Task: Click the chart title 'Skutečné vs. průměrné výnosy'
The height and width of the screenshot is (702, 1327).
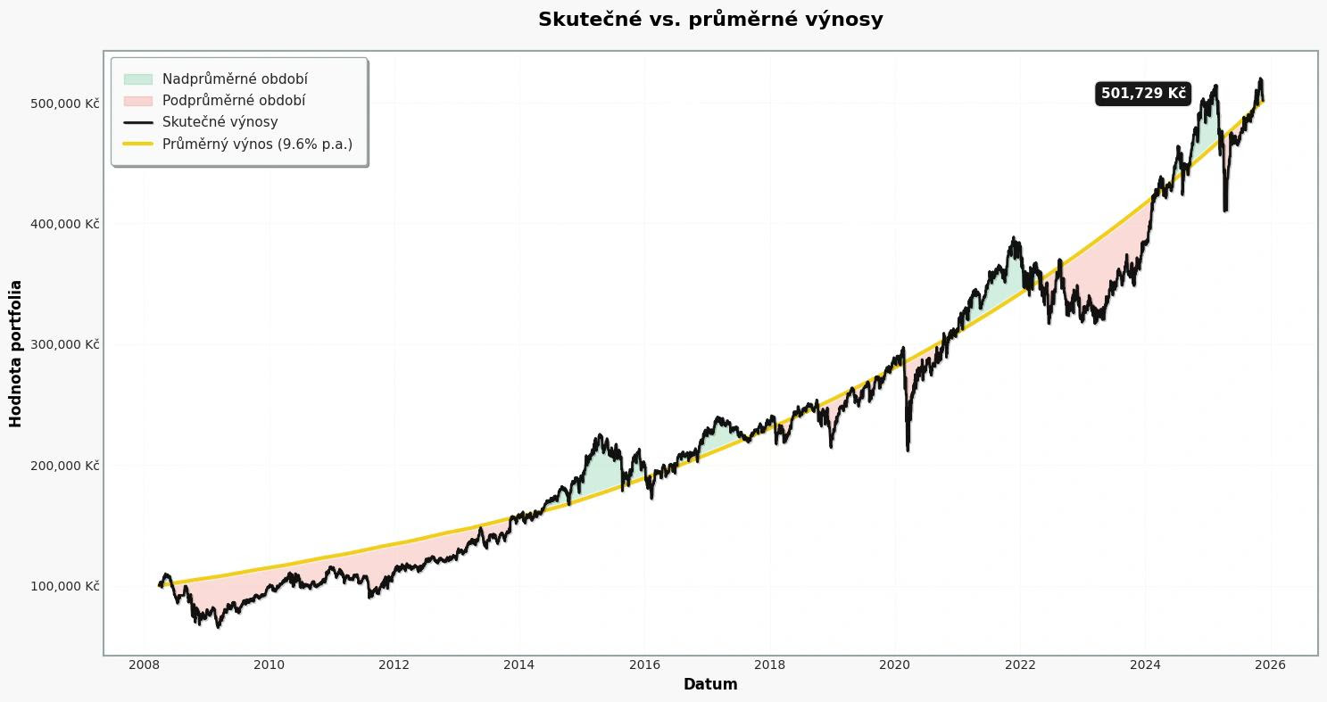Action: pyautogui.click(x=710, y=20)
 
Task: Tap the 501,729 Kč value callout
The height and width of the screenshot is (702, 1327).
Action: pyautogui.click(x=1143, y=94)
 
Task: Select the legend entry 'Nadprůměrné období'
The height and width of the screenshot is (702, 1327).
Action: pyautogui.click(x=235, y=79)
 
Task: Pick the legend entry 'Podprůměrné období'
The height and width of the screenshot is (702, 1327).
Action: pyautogui.click(x=234, y=101)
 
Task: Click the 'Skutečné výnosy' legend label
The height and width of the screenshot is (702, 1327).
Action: pyautogui.click(x=220, y=122)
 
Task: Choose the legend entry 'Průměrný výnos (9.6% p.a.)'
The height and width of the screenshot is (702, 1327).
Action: pyautogui.click(x=257, y=144)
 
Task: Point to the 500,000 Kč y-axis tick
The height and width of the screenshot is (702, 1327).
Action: pyautogui.click(x=64, y=103)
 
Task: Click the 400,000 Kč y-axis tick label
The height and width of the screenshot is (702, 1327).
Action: pyautogui.click(x=64, y=224)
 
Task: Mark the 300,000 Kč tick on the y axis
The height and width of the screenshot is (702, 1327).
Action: pyautogui.click(x=64, y=344)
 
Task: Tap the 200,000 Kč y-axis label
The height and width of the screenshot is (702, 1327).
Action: pyautogui.click(x=64, y=466)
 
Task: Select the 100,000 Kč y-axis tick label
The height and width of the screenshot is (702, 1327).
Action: pyautogui.click(x=64, y=586)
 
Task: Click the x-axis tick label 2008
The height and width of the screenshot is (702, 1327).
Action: pyautogui.click(x=144, y=665)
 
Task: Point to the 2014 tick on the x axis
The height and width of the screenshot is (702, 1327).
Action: pyautogui.click(x=519, y=665)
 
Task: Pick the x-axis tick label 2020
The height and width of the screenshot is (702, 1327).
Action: pyautogui.click(x=895, y=665)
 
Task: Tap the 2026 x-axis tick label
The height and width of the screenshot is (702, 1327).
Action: pyautogui.click(x=1271, y=665)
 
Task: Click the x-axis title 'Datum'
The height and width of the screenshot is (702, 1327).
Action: pyautogui.click(x=710, y=685)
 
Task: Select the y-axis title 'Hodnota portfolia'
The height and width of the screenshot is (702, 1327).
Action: pyautogui.click(x=16, y=353)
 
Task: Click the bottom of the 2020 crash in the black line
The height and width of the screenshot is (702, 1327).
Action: pyautogui.click(x=908, y=450)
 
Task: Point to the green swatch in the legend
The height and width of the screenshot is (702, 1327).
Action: pyautogui.click(x=138, y=79)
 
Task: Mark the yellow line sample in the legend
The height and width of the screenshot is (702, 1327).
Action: pyautogui.click(x=138, y=144)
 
